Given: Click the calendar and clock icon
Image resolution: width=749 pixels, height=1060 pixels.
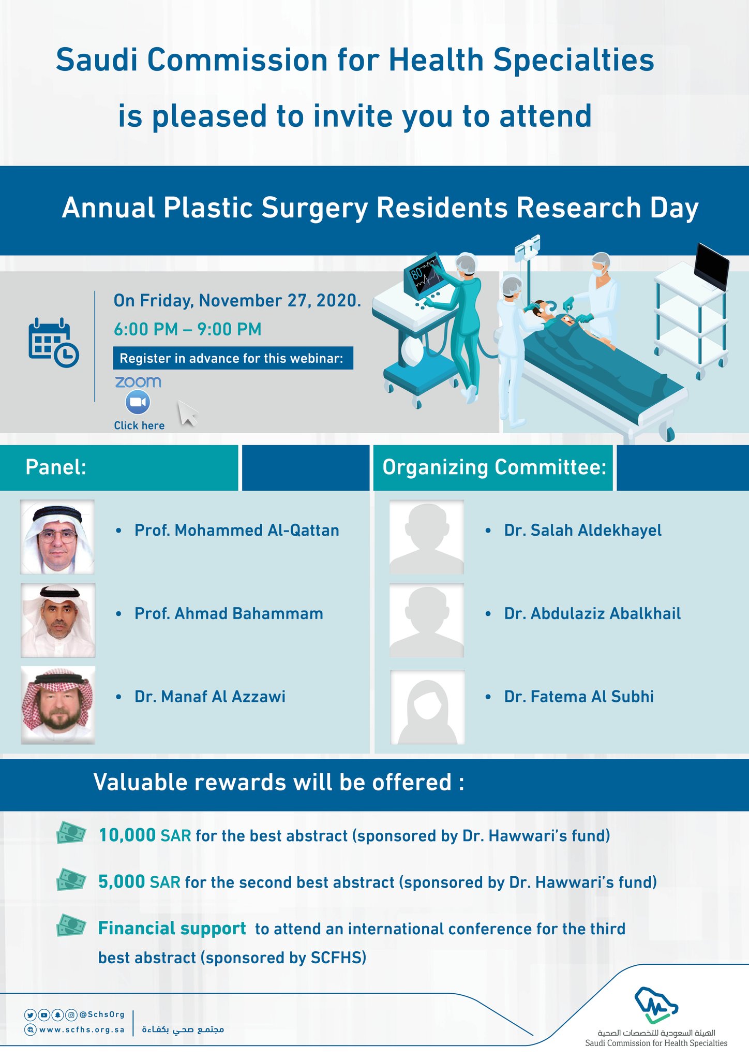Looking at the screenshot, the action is tap(53, 342).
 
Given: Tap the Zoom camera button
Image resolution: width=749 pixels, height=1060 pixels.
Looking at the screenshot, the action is tap(138, 402).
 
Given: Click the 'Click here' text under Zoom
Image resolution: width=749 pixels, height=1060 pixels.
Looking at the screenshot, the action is tap(139, 425).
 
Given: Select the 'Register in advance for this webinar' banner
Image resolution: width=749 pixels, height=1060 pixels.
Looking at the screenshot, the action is tap(233, 358).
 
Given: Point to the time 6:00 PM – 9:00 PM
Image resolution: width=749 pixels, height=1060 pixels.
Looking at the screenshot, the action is tap(188, 329).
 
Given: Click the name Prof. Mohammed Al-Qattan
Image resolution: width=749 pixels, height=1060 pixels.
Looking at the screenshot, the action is tap(236, 530).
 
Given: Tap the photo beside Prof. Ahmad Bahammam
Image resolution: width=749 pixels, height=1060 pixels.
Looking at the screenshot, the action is tap(58, 620).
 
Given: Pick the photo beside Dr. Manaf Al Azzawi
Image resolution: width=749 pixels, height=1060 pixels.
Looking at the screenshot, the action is tap(58, 705).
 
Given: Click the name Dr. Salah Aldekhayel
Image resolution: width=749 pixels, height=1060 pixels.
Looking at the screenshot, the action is tap(583, 530).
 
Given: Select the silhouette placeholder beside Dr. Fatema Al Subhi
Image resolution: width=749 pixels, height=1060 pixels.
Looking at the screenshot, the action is tap(427, 707).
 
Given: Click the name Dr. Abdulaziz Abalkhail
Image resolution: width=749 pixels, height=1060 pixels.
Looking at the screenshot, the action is tap(592, 613).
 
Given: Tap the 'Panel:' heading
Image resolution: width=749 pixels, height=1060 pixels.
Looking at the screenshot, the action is tap(56, 467).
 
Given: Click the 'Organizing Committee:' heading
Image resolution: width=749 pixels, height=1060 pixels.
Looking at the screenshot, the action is tap(495, 467).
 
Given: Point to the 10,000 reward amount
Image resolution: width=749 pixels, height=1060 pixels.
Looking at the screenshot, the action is tap(127, 835).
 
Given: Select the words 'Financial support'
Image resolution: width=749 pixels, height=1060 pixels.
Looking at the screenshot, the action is tap(172, 929).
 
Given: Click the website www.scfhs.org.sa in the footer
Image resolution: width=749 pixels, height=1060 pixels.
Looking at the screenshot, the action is tap(82, 1029).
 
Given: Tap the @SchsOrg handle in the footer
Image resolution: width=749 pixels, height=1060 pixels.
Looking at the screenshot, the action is tap(102, 1014).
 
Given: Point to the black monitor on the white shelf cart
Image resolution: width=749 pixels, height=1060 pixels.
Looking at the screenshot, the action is tap(711, 267).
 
